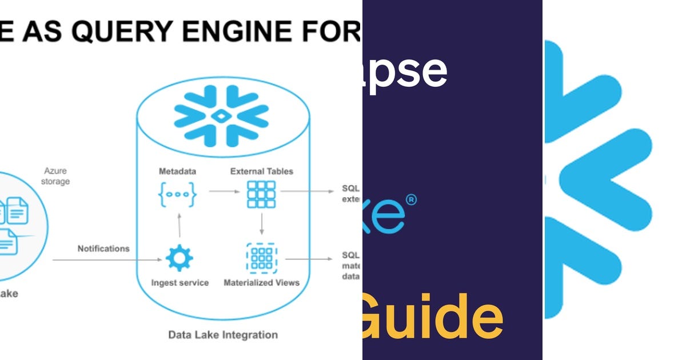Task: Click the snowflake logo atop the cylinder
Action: click(221, 116)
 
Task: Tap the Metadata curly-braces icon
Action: click(177, 194)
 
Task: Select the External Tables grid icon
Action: click(261, 194)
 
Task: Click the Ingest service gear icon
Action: click(179, 259)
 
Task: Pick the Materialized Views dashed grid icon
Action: click(261, 259)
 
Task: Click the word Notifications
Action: click(103, 249)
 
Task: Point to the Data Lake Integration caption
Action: click(223, 335)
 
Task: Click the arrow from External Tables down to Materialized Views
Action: click(261, 224)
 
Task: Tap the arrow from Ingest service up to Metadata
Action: click(180, 225)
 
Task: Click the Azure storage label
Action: click(57, 176)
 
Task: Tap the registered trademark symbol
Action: click(410, 200)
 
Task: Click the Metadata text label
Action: click(177, 171)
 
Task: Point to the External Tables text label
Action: click(261, 171)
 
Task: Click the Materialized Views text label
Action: click(261, 282)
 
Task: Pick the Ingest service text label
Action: click(180, 282)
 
